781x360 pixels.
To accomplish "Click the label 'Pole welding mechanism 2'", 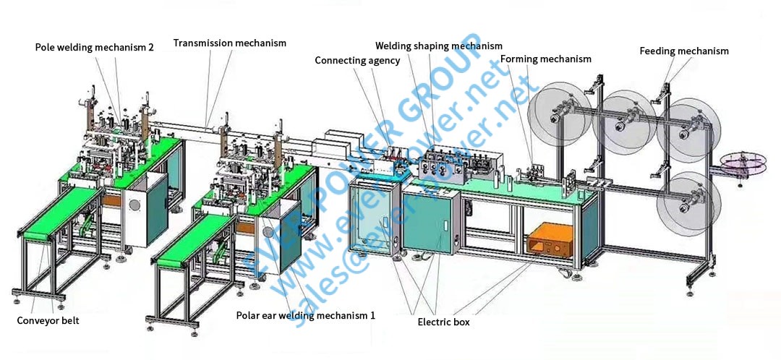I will click(94, 47).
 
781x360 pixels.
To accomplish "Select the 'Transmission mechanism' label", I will click(229, 43).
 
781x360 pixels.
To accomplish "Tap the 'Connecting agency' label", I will click(357, 61).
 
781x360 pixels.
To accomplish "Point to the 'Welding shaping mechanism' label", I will click(439, 46).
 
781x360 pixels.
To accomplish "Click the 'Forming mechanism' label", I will click(545, 59).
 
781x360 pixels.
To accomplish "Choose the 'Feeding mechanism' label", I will click(683, 51).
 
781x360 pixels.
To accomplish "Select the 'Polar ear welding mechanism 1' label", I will click(306, 316).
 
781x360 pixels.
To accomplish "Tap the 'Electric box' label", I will click(443, 322).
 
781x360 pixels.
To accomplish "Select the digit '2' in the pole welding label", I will click(150, 47).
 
